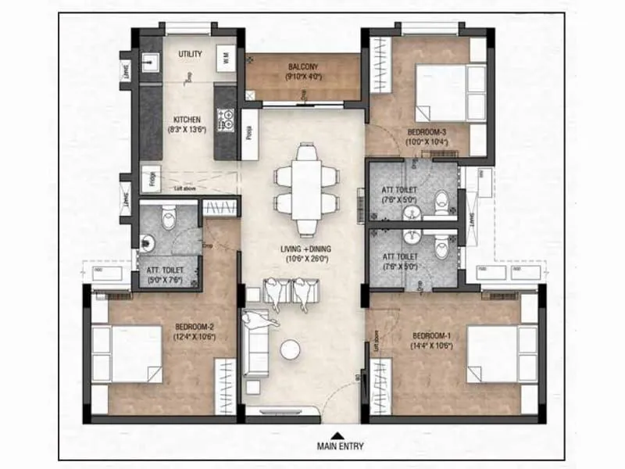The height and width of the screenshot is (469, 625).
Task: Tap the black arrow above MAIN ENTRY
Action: click(336, 435)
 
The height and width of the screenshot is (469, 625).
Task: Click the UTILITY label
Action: click(190, 54)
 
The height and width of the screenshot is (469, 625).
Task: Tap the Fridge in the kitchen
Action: click(149, 178)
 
